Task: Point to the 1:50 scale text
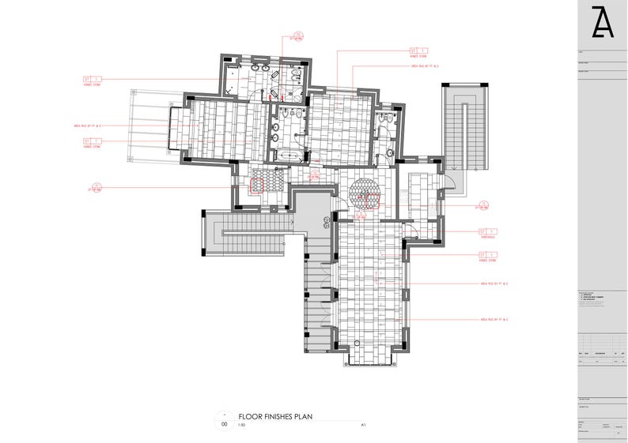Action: [242, 425]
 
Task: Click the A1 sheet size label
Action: [363, 425]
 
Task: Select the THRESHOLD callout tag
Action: [487, 232]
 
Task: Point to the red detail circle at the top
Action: [296, 37]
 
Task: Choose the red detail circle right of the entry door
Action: [480, 205]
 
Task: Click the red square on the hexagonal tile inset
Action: [258, 186]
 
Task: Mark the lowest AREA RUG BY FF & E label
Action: [494, 319]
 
